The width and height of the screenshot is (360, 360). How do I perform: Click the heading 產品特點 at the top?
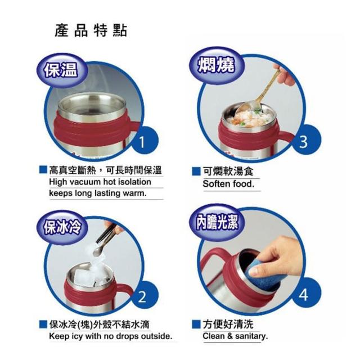point(91,30)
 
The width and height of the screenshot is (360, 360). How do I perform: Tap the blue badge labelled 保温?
point(61,70)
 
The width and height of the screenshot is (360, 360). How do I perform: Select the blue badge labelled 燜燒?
point(217,65)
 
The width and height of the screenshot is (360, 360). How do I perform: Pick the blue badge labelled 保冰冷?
point(62,227)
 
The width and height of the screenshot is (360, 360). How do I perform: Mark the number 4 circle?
point(304,294)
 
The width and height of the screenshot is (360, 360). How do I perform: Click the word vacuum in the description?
point(85,182)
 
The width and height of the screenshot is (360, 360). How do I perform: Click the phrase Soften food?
point(229,184)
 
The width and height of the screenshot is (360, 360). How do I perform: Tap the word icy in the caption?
point(77,336)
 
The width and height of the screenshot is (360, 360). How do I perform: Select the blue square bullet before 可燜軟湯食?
point(196,171)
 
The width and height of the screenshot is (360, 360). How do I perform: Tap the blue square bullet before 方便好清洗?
point(196,324)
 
